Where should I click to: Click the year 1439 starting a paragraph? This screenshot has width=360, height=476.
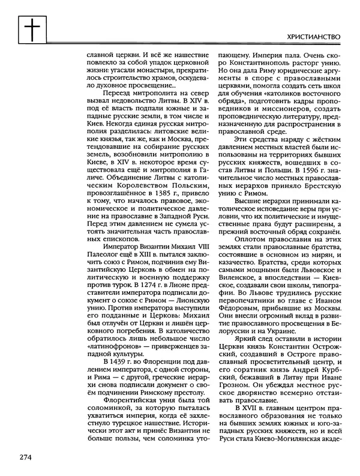point(115,363)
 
